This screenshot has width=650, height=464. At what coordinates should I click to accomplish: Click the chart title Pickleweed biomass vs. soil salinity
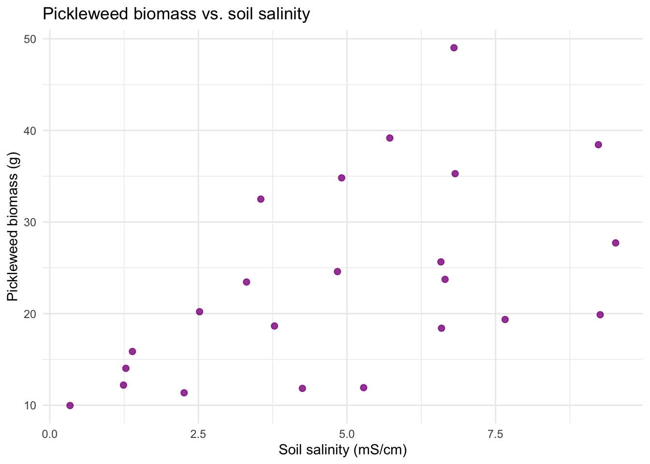tap(176, 14)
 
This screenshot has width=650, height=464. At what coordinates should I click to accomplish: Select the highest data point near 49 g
tap(454, 48)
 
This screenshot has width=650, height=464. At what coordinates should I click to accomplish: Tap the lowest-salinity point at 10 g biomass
tap(70, 406)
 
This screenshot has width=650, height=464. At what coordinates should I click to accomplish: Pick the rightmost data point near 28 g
tap(615, 243)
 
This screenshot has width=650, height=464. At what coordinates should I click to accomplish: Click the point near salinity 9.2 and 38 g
tap(598, 145)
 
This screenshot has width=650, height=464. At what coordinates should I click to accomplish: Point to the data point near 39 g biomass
tap(390, 138)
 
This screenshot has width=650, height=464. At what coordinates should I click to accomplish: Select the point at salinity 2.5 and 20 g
tap(199, 312)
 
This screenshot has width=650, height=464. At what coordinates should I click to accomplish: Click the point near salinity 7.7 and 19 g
tap(505, 319)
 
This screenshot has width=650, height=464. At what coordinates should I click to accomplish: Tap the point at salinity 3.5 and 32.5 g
tap(261, 199)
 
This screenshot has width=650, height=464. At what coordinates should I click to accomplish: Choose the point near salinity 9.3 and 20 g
tap(600, 315)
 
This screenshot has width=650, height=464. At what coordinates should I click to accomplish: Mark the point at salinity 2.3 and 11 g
tap(184, 393)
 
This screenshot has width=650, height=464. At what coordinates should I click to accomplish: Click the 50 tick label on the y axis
tap(30, 39)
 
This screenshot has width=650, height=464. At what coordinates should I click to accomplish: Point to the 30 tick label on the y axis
tap(30, 222)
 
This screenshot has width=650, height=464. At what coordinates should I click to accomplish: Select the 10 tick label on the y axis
tap(30, 406)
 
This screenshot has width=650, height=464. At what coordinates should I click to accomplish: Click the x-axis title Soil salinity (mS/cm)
tap(342, 450)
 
